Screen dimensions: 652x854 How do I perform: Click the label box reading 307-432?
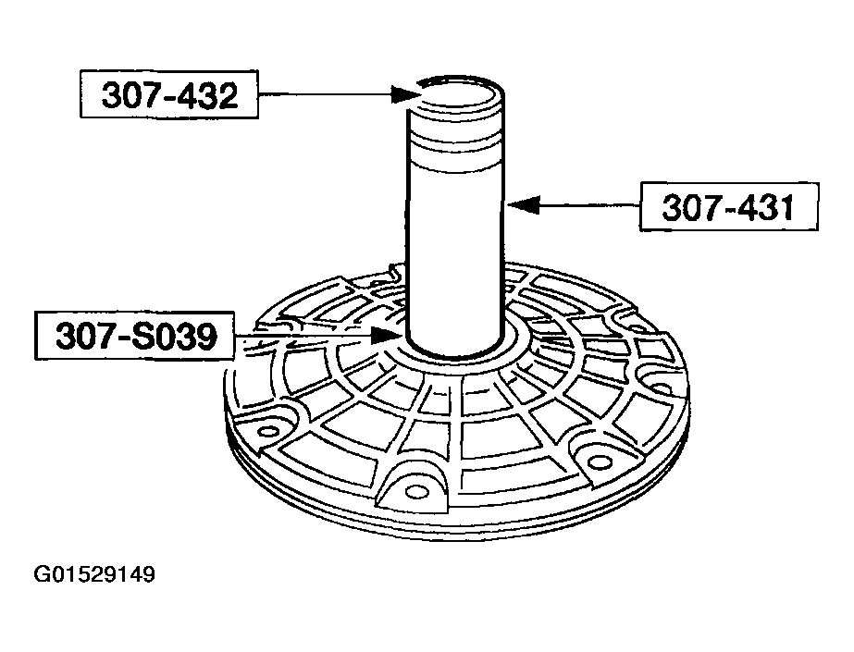click(169, 95)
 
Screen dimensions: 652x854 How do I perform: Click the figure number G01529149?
click(95, 575)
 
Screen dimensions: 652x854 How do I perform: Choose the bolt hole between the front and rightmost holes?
click(600, 461)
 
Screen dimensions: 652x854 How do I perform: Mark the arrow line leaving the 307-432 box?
click(324, 93)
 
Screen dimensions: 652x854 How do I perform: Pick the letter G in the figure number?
click(43, 575)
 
